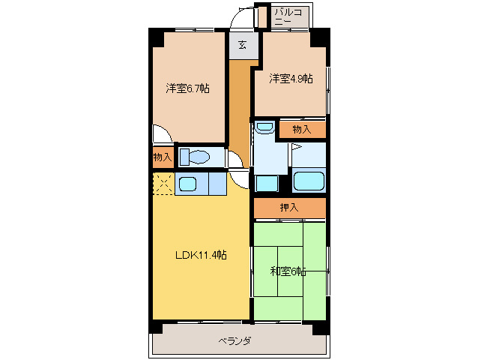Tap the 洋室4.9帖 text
tap(291, 78)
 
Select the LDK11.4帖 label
tap(201, 255)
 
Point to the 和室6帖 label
tap(288, 271)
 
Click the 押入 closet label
tap(289, 208)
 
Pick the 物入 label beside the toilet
tap(162, 157)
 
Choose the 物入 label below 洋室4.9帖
tap(301, 130)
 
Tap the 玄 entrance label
tap(242, 44)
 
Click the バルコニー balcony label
tap(288, 17)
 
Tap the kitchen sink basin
tap(187, 183)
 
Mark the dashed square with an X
tap(163, 184)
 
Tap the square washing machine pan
tap(266, 183)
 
